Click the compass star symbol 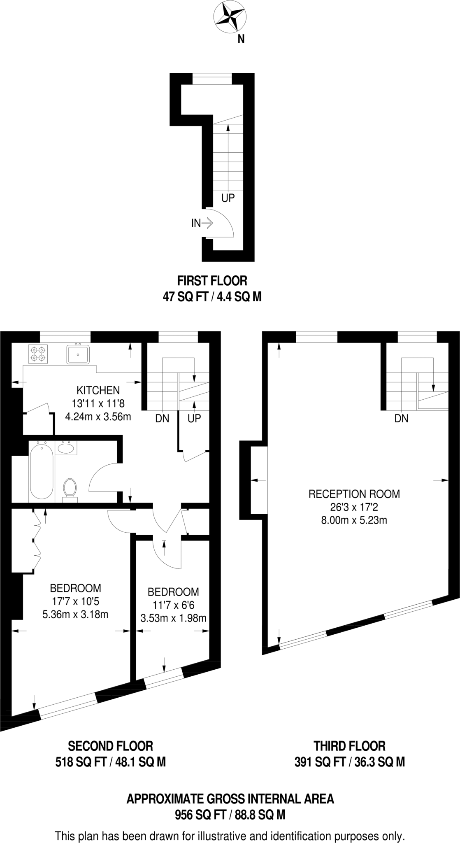[x=230, y=17]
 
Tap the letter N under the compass [x=241, y=40]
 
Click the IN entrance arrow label [x=196, y=224]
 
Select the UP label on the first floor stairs [x=228, y=198]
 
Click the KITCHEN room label [x=98, y=390]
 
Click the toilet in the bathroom [x=70, y=489]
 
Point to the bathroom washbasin [x=65, y=448]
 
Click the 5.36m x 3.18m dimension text [x=75, y=615]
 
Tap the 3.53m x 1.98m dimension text [x=173, y=618]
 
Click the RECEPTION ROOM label [x=354, y=494]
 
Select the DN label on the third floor [x=401, y=419]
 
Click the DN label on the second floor [x=162, y=419]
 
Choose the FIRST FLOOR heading [x=212, y=281]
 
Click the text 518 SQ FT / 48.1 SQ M [x=110, y=762]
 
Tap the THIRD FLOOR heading [x=349, y=746]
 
